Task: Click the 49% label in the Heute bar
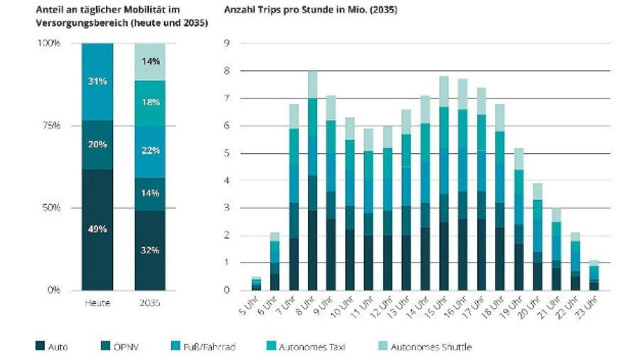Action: [97, 229]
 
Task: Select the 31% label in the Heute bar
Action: [97, 81]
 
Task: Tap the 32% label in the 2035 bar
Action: [150, 250]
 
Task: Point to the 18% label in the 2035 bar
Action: [150, 102]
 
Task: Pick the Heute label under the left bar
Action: [97, 303]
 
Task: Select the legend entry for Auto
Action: [52, 346]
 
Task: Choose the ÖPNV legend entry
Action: [117, 346]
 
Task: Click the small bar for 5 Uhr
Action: [256, 283]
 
